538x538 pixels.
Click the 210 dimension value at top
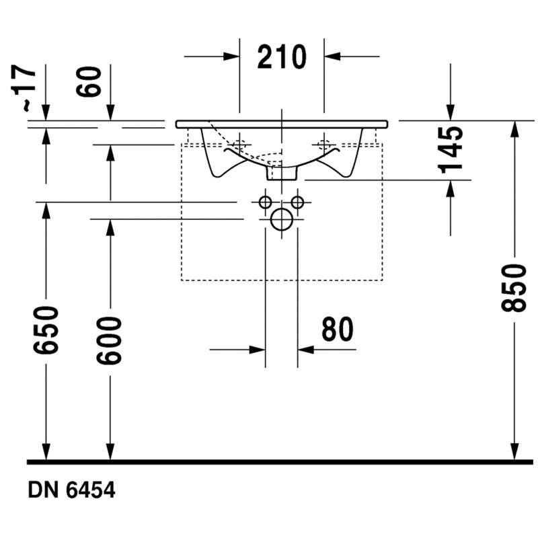282,57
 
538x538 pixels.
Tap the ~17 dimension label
24,88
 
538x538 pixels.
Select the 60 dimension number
89,82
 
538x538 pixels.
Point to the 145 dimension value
450,149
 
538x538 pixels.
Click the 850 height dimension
513,289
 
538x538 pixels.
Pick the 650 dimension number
46,330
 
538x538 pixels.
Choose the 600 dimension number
109,341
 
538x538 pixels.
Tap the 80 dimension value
338,329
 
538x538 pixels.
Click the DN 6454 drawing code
71,490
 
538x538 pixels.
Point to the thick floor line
280,462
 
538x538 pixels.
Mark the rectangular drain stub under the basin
281,173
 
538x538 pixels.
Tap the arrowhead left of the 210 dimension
231,56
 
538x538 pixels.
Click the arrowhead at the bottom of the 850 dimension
514,451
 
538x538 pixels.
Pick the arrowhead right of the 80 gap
306,350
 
